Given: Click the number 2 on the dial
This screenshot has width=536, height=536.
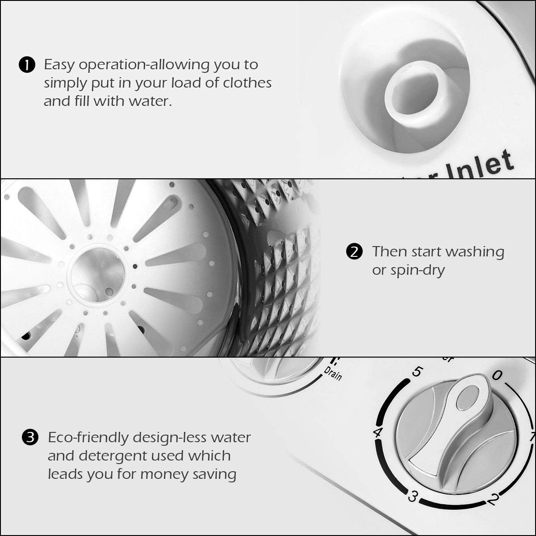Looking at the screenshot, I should coord(491,499).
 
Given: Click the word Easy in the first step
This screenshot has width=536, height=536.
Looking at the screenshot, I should coord(59,65).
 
